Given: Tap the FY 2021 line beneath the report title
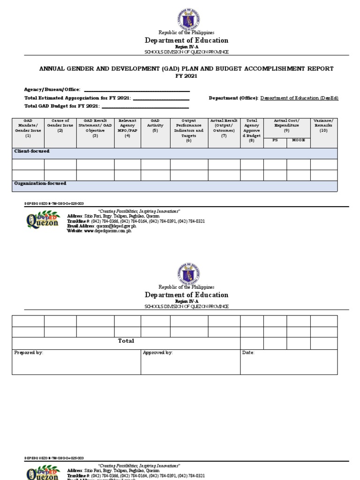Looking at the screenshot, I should click(187, 76).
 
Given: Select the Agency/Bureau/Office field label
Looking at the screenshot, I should click(52, 90).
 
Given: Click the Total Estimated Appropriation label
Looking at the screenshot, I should click(77, 98).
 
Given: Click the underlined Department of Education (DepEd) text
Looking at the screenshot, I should click(299, 98).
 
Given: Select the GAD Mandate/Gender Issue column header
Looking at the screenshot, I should click(28, 128).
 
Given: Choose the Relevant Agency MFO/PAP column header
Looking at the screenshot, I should click(127, 128).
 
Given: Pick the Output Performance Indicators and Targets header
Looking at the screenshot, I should click(189, 130).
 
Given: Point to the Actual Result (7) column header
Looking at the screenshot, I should click(224, 128).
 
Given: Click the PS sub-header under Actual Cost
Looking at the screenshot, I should click(275, 140).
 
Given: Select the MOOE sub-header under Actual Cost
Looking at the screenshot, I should click(298, 140).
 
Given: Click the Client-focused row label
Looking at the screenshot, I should click(31, 151).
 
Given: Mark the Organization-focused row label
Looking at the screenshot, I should click(40, 183).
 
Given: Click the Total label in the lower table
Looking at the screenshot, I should click(126, 341).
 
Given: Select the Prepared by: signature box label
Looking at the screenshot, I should click(29, 352).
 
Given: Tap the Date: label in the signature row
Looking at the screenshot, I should click(248, 352).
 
